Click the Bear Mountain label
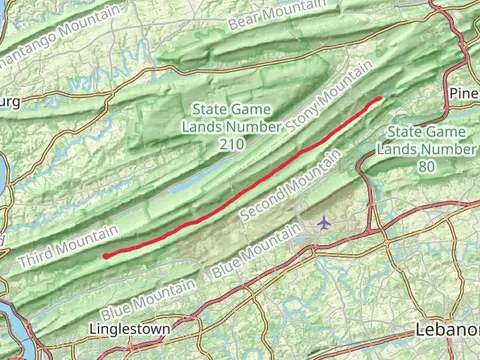(x=277, y=14)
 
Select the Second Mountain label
(x=291, y=187)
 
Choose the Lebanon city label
(x=447, y=329)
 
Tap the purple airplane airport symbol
(x=322, y=221)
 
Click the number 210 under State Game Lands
(x=231, y=144)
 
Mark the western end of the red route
(x=105, y=256)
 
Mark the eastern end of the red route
(x=381, y=98)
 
